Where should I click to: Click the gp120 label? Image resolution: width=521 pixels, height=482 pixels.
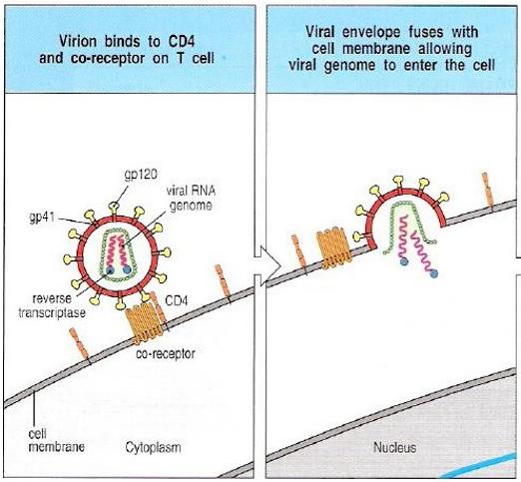coord(141,175)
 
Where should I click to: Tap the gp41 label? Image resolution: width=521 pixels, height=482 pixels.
coord(42,217)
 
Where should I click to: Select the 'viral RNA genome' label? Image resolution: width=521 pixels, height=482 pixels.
coord(191,198)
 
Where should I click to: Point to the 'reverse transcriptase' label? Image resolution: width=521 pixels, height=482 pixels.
coord(52,305)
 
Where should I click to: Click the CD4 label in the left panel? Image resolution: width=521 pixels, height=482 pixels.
coord(177,300)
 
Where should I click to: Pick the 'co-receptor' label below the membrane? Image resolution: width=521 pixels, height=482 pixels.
coord(166,353)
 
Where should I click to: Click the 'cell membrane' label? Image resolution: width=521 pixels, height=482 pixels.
coord(56,440)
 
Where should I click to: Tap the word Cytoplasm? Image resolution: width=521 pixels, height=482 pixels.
coord(154,447)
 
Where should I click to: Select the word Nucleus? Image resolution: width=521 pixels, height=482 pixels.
coord(394,447)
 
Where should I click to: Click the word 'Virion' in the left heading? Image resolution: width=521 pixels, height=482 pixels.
coord(79,41)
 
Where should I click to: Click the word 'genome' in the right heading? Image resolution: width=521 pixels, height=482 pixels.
coord(349,66)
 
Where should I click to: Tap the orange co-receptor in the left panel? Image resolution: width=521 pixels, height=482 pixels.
coord(144,323)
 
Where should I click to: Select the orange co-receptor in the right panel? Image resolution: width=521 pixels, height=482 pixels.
coord(333,247)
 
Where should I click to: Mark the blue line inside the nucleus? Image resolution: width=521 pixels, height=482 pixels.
coord(482,466)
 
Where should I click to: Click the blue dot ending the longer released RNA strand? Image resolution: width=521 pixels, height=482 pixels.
coord(433,273)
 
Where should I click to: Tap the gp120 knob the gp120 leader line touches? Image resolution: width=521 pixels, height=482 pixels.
coord(114,208)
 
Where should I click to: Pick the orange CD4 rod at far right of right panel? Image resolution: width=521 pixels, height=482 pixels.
coord(488,192)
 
